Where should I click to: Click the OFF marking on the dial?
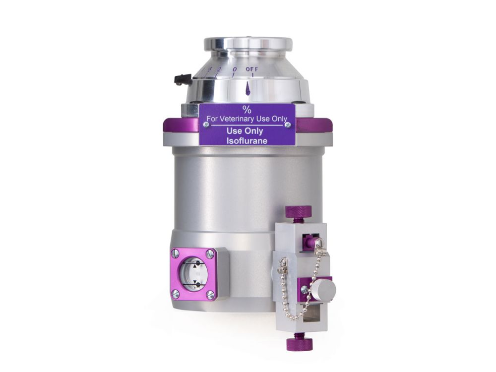click(252, 69)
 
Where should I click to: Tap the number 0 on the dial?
click(235, 69)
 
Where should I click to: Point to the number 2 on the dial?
click(218, 69)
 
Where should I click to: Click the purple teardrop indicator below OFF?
click(248, 88)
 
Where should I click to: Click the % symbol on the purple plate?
click(247, 110)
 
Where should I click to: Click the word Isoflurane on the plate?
click(247, 141)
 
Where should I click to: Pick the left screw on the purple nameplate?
click(206, 125)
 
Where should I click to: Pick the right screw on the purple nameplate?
click(288, 125)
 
